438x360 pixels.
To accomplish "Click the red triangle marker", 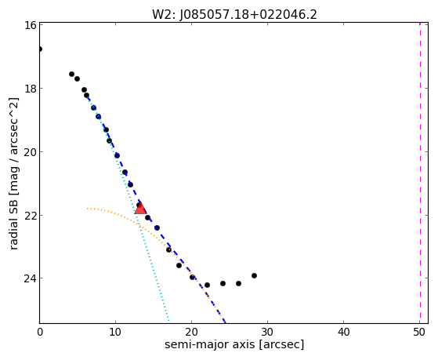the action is pyautogui.click(x=140, y=208).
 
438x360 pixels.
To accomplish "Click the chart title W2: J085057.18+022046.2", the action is pyautogui.click(x=234, y=15).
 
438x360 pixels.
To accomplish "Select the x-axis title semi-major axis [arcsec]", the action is pyautogui.click(x=234, y=344).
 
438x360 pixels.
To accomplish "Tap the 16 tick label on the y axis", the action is pyautogui.click(x=30, y=25).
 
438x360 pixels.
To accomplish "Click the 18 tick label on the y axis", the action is pyautogui.click(x=30, y=89).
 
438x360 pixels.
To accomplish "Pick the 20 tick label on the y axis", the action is pyautogui.click(x=30, y=152).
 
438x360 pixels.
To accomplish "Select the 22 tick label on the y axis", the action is pyautogui.click(x=30, y=215).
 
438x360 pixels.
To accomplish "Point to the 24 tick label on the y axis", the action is pyautogui.click(x=30, y=278).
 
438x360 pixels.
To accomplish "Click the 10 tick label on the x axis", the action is pyautogui.click(x=115, y=332).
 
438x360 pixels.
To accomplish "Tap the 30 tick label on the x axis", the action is pyautogui.click(x=267, y=332).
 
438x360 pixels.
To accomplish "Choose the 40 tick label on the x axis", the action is pyautogui.click(x=344, y=332).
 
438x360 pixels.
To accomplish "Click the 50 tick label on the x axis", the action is pyautogui.click(x=419, y=332).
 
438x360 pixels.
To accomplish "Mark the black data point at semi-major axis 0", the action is pyautogui.click(x=40, y=49).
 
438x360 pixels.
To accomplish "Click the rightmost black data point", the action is pyautogui.click(x=254, y=276).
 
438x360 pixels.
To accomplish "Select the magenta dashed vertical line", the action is pyautogui.click(x=420, y=173).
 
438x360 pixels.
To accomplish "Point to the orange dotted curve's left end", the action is pyautogui.click(x=88, y=209).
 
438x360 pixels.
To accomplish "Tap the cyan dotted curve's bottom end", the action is pyautogui.click(x=168, y=321).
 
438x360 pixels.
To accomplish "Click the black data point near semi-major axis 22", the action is pyautogui.click(x=208, y=285).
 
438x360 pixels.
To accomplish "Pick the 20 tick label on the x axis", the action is pyautogui.click(x=191, y=332).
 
